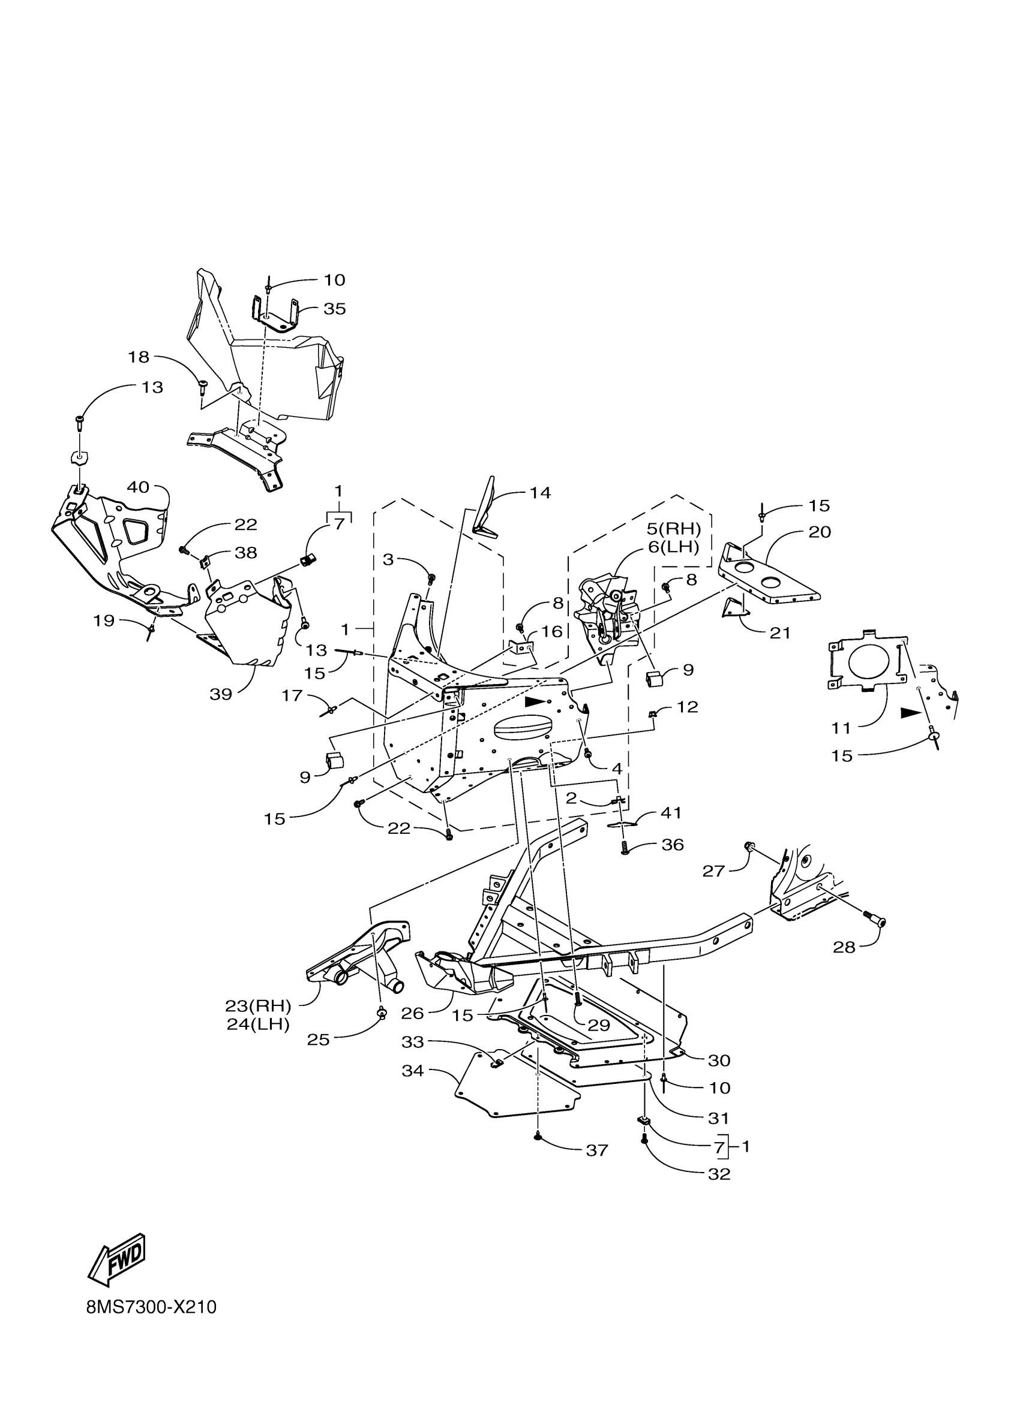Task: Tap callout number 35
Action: click(x=335, y=309)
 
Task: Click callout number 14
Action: click(x=540, y=493)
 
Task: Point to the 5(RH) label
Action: click(x=674, y=529)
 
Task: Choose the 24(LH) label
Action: click(x=258, y=1025)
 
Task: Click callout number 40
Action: click(x=138, y=487)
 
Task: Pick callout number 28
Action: click(x=844, y=947)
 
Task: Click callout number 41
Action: click(x=671, y=812)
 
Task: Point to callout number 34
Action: click(x=413, y=1070)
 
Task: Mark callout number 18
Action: click(x=139, y=357)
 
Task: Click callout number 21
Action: click(x=780, y=633)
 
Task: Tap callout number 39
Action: click(x=220, y=694)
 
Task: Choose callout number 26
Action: click(x=412, y=1013)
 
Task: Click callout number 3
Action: click(x=388, y=559)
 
